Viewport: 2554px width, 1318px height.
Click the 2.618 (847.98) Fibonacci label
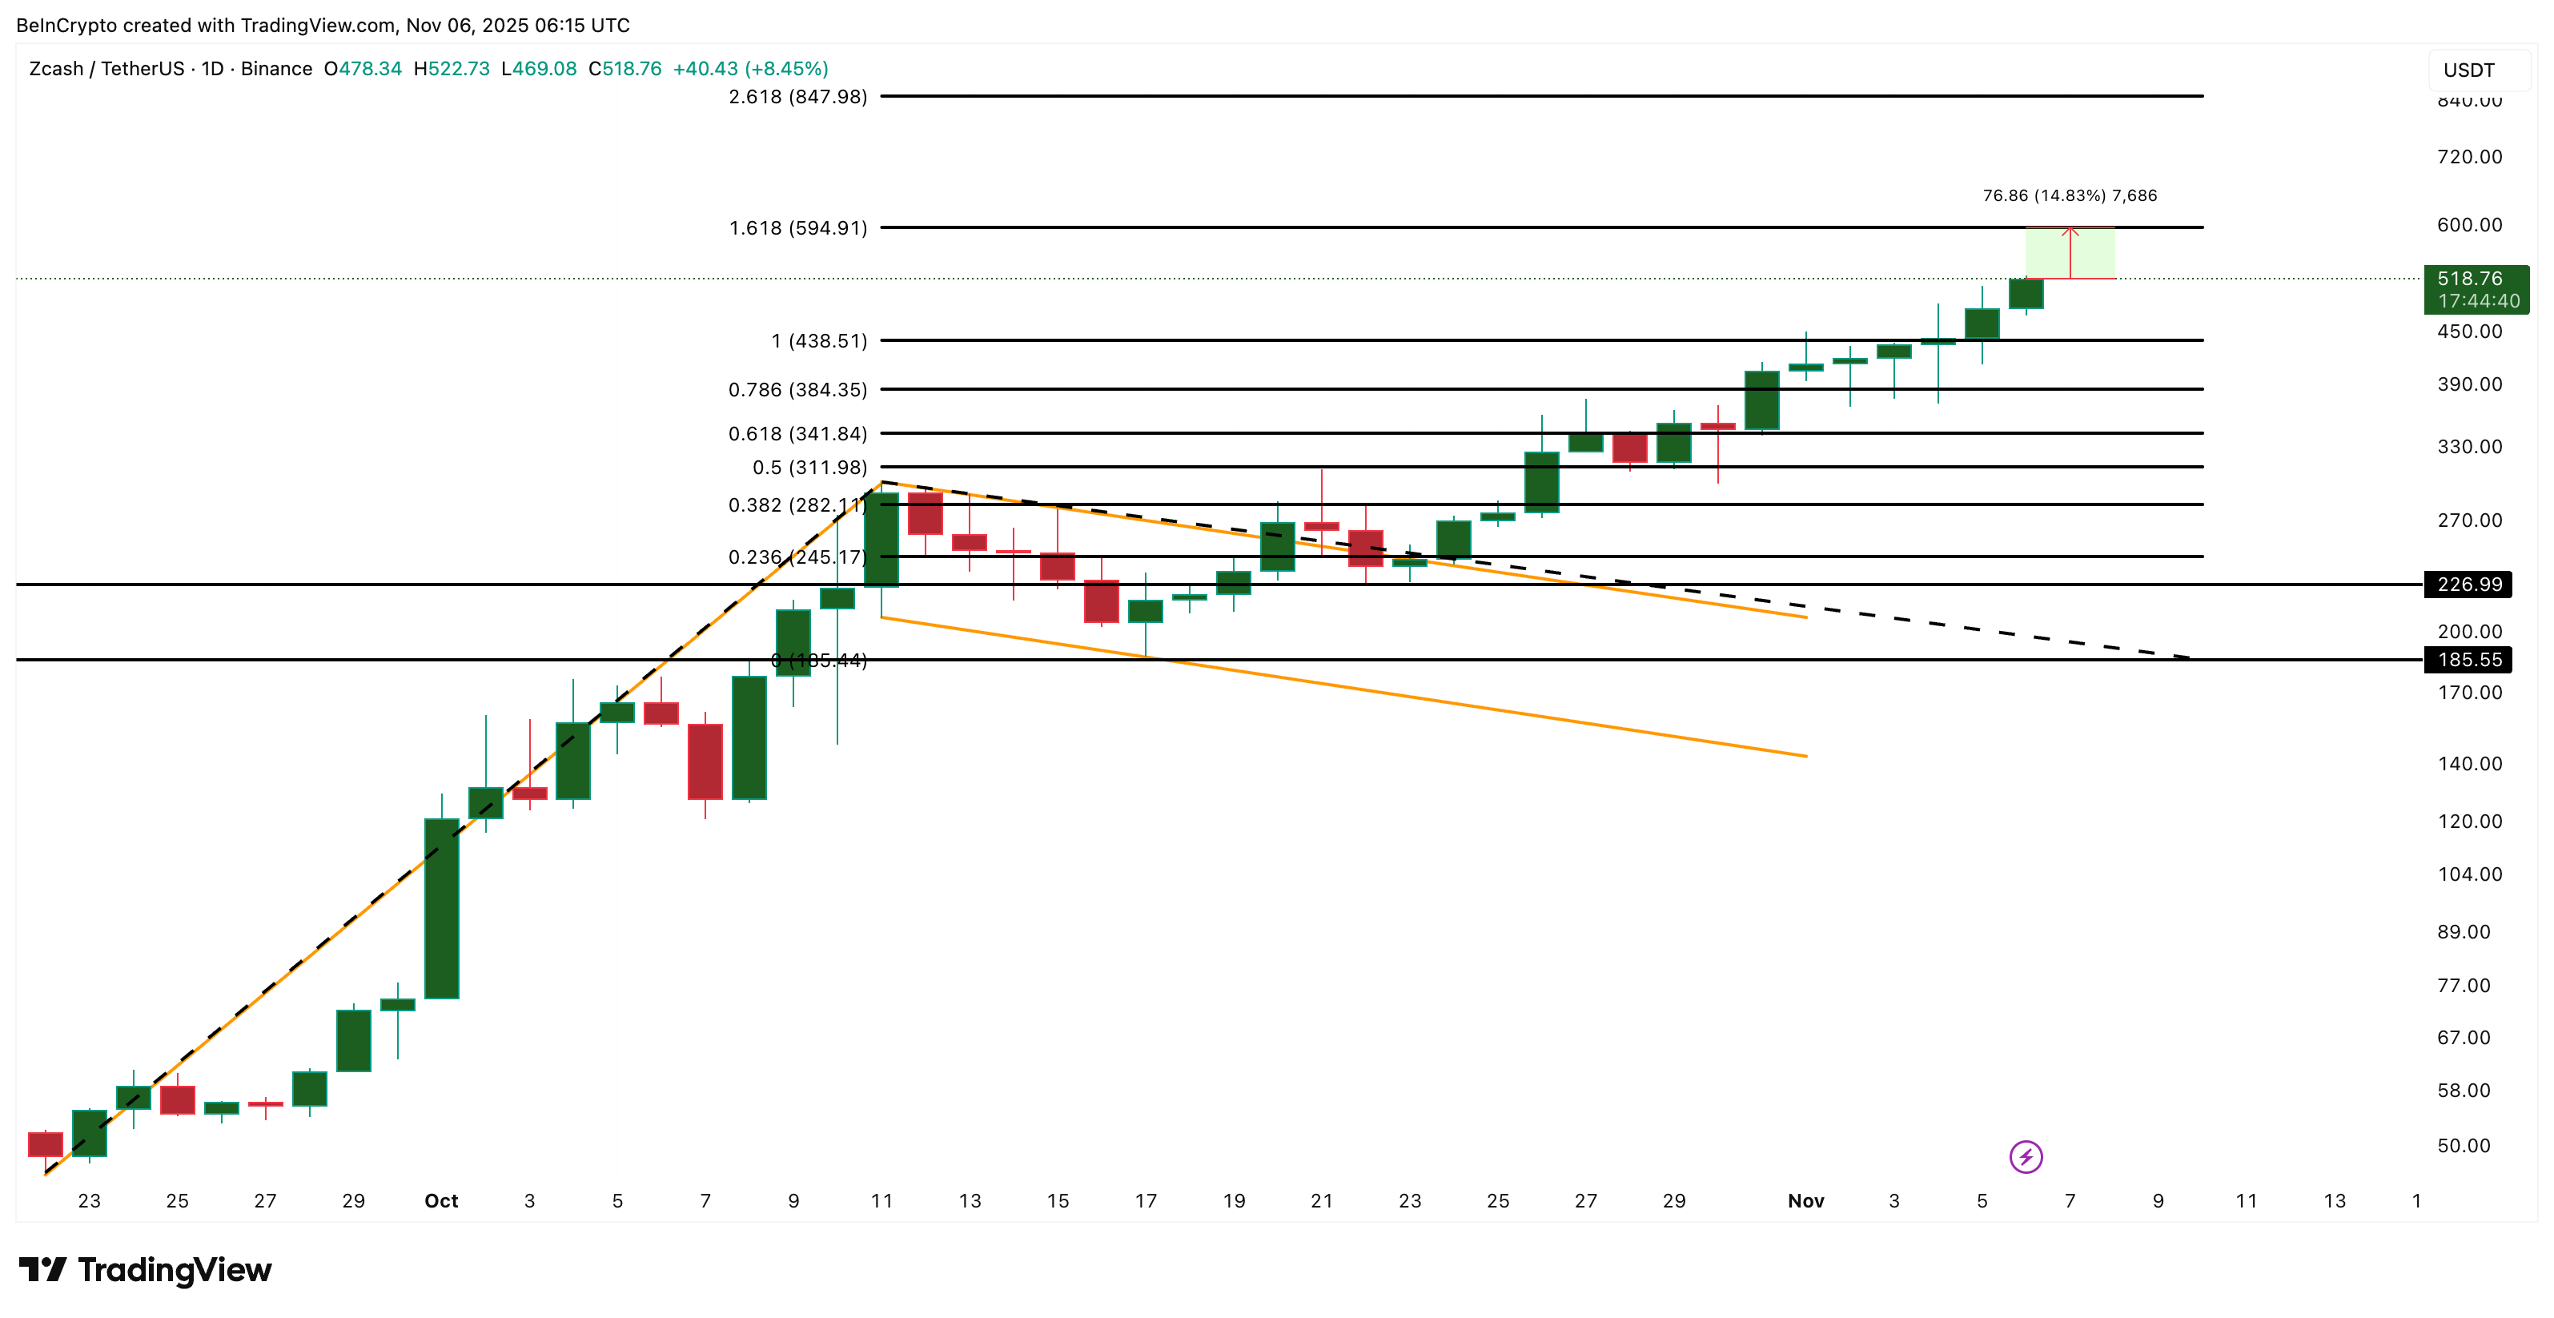[x=797, y=96]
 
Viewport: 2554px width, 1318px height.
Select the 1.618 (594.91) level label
[x=797, y=228]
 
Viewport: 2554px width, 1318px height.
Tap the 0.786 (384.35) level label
[x=797, y=390]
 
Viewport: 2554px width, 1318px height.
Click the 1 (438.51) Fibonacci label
[x=819, y=341]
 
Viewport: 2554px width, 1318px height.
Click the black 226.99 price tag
[x=2469, y=584]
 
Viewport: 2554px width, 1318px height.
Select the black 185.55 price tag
[x=2469, y=660]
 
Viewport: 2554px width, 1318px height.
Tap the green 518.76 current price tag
[x=2475, y=288]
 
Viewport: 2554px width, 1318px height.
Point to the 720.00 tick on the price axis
[x=2469, y=157]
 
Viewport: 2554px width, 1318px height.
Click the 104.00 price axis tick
[x=2469, y=874]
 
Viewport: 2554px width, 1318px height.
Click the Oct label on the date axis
[x=441, y=1201]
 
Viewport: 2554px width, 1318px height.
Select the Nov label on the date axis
[x=1805, y=1201]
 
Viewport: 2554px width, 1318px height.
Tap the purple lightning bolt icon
[x=2026, y=1156]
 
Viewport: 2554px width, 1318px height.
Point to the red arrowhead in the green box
[x=2070, y=232]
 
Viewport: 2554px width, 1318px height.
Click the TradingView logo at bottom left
[x=145, y=1269]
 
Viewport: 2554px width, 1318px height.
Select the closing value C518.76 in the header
[x=624, y=68]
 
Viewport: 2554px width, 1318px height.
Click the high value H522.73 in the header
[x=451, y=68]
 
